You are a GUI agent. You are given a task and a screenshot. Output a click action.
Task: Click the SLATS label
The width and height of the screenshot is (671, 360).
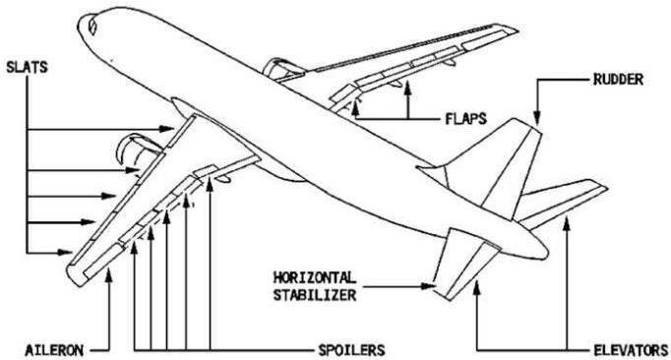tap(27, 67)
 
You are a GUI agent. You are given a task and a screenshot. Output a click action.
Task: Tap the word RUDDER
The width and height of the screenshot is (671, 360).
tap(618, 80)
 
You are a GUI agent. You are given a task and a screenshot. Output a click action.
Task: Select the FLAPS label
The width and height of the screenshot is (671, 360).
tap(466, 119)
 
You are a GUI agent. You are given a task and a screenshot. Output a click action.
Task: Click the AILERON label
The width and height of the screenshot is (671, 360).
tap(54, 350)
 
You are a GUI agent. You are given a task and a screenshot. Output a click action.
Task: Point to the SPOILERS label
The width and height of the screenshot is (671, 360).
tap(351, 350)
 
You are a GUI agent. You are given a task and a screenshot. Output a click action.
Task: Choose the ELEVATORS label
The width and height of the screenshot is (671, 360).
tap(632, 350)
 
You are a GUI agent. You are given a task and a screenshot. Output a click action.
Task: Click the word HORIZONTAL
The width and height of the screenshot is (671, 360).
tap(315, 277)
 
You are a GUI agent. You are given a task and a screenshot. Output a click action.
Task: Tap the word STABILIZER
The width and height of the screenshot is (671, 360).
tap(315, 295)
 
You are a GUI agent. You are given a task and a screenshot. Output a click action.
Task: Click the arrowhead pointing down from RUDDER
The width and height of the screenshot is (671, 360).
tap(537, 119)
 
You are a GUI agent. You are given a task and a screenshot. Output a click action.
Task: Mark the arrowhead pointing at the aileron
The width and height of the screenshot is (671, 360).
tap(109, 275)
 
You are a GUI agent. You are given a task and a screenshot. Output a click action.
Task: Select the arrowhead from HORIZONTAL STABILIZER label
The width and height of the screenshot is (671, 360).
tap(428, 286)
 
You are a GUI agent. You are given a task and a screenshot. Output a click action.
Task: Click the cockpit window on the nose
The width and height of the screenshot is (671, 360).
tap(92, 26)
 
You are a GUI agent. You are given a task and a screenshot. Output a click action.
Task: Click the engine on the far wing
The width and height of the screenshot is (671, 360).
tap(282, 69)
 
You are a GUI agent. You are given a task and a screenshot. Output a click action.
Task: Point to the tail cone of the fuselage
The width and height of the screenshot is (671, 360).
tap(540, 248)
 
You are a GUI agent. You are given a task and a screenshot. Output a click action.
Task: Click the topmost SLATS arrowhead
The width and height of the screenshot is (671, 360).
tap(167, 129)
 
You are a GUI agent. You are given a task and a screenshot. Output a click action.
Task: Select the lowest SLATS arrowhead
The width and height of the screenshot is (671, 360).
tap(66, 252)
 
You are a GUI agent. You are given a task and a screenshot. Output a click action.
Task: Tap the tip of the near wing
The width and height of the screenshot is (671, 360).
tap(73, 277)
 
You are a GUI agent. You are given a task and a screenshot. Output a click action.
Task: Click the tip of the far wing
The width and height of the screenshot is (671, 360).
tap(516, 30)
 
